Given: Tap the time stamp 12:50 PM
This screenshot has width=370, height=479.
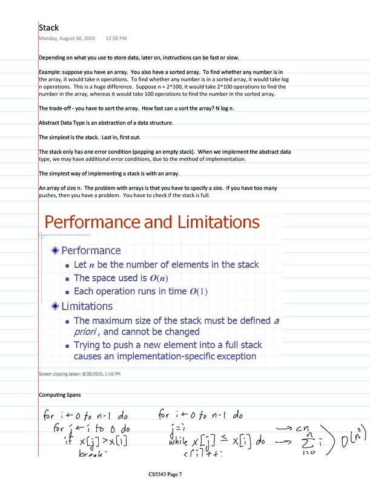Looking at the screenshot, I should tap(116, 39).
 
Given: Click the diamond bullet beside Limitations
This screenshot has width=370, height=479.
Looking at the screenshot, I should tap(56, 307).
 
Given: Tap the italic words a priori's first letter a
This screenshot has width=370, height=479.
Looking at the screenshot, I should tap(277, 320).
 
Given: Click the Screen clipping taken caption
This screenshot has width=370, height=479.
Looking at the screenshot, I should tap(79, 374).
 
